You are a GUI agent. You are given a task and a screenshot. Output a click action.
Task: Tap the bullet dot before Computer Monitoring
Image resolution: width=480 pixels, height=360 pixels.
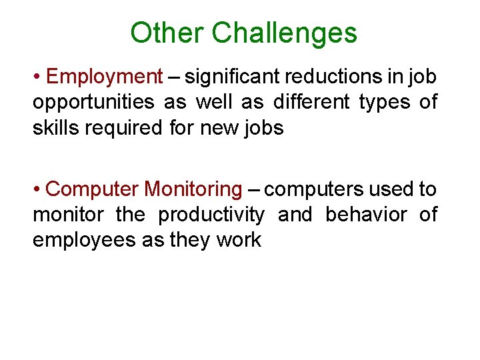pyautogui.click(x=37, y=190)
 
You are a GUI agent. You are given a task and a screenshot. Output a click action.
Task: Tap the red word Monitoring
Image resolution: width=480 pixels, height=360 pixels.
pyautogui.click(x=193, y=190)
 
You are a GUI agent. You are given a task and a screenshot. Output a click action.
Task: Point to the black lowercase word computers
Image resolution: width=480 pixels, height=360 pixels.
pyautogui.click(x=314, y=190)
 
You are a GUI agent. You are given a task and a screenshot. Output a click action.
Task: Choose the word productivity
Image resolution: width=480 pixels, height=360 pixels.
pyautogui.click(x=211, y=215)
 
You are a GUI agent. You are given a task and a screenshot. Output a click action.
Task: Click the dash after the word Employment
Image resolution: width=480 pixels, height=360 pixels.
pyautogui.click(x=173, y=77)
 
